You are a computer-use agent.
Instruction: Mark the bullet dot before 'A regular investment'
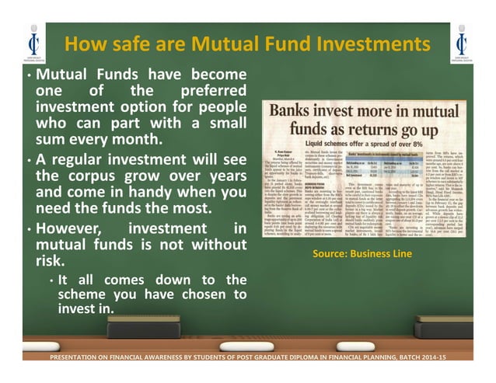pyautogui.click(x=29, y=160)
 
